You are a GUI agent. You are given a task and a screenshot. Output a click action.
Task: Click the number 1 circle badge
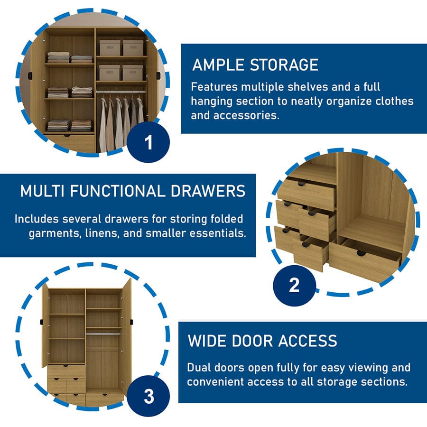pos(149,142)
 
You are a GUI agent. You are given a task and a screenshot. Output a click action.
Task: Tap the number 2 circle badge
pos(294,285)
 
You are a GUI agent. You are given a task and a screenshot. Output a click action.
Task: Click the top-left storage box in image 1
pos(109,47)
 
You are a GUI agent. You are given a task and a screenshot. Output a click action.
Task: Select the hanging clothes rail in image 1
pos(121,91)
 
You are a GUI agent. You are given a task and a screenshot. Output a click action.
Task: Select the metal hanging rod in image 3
pos(103,334)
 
